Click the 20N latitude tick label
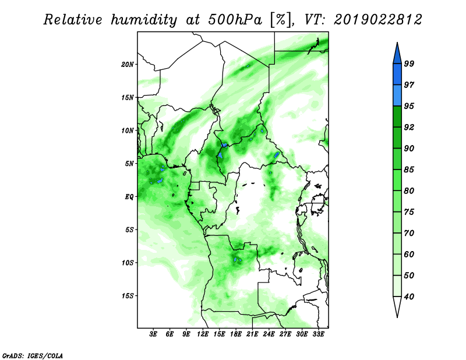pos(128,65)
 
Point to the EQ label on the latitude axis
pos(129,197)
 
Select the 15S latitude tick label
pos(128,296)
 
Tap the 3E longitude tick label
pos(153,334)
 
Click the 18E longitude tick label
pos(235,334)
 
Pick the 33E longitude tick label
pos(318,334)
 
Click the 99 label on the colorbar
pos(409,63)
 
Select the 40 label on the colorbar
pos(409,297)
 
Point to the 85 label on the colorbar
pos(409,170)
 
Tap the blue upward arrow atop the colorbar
pos(397,54)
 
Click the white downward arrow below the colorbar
pos(397,306)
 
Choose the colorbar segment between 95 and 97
pos(397,96)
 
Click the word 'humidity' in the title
pos(144,20)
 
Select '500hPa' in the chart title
pos(235,20)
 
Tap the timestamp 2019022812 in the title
pos(378,20)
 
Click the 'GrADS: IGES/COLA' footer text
pos(33,356)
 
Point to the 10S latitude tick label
pos(128,263)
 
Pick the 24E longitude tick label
pos(269,334)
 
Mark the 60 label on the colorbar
pos(409,255)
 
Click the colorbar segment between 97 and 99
pos(397,75)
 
